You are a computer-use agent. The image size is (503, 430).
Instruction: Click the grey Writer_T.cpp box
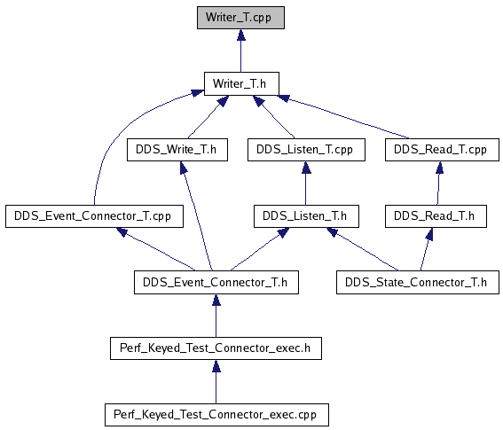[240, 18]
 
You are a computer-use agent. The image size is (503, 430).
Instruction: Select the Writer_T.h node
[241, 83]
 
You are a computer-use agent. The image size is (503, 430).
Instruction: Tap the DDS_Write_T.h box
[177, 150]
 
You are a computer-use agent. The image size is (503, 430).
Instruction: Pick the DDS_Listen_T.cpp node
[306, 150]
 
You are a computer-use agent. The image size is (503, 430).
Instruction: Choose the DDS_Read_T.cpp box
[442, 150]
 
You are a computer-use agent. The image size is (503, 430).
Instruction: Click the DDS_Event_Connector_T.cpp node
[94, 216]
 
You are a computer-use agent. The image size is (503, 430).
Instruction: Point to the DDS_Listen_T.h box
[306, 216]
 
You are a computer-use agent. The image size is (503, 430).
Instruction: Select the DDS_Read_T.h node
[436, 216]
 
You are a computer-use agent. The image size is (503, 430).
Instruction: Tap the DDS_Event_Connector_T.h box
[216, 282]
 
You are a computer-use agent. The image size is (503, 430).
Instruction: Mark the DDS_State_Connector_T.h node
[418, 282]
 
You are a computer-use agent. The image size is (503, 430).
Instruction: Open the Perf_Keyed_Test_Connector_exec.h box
[216, 348]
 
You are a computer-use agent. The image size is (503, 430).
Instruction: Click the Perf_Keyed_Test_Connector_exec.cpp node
[216, 415]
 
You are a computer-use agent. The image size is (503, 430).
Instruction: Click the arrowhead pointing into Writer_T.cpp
[241, 35]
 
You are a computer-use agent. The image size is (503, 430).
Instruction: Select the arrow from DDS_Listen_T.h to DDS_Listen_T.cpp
[306, 184]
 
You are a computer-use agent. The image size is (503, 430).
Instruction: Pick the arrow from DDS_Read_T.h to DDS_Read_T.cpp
[438, 184]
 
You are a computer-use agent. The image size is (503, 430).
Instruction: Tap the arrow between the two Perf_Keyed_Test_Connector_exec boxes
[216, 381]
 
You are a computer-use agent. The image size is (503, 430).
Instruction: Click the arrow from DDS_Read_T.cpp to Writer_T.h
[343, 117]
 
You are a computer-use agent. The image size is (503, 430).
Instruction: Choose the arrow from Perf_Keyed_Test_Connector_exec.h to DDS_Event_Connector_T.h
[216, 316]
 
